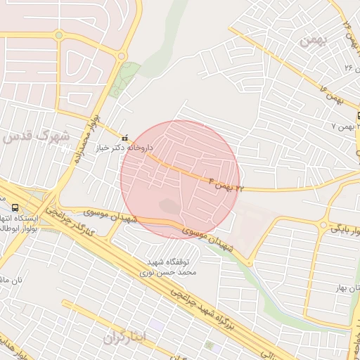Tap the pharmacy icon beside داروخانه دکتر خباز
coord(125,138)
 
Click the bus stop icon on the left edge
coord(15,207)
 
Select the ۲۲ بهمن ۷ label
coord(343,125)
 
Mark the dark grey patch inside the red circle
coord(169,207)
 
